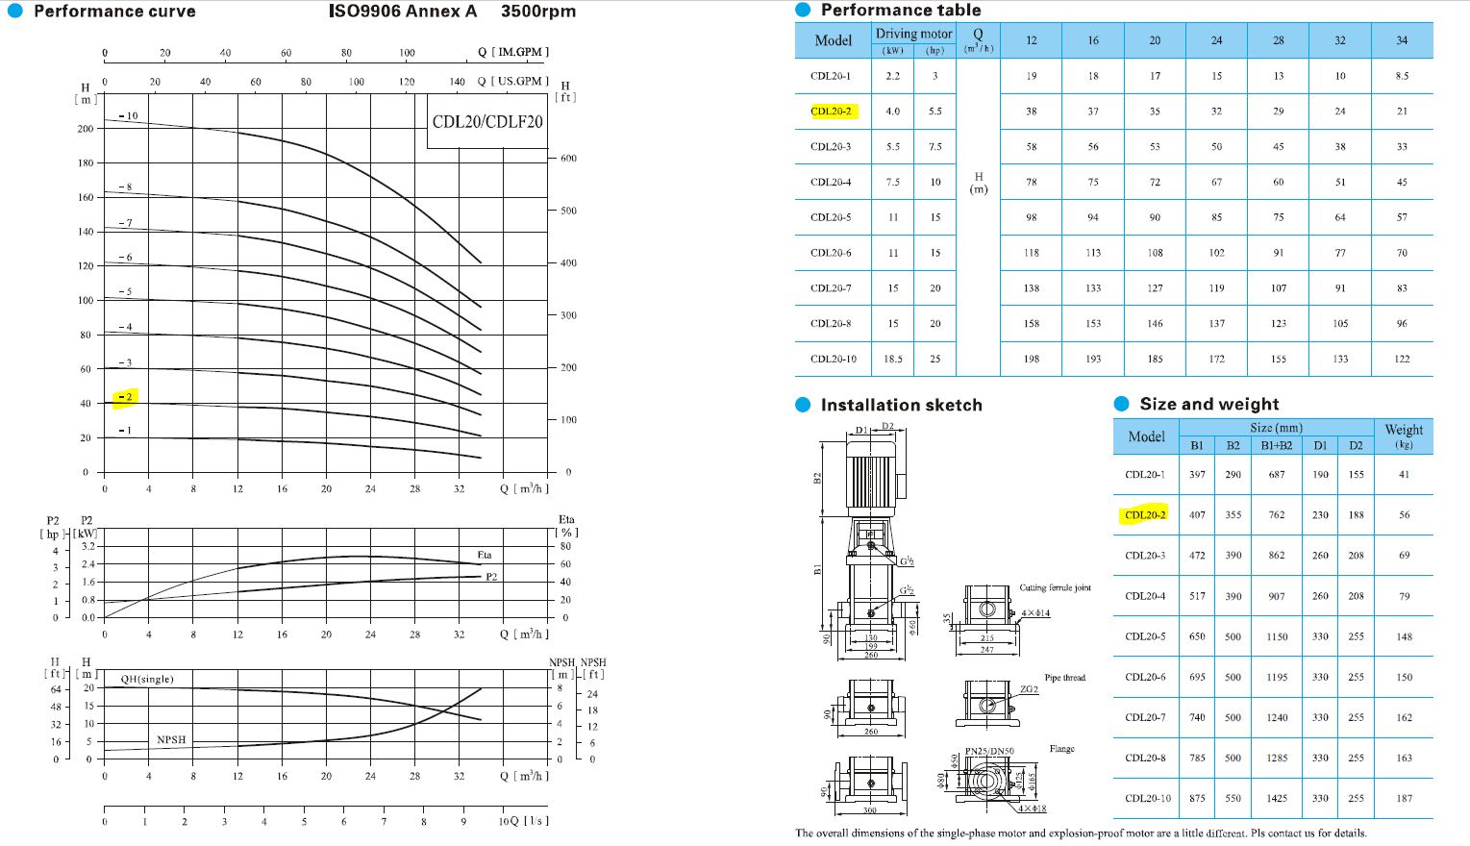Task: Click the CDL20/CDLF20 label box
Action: (486, 122)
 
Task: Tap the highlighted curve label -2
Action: (126, 396)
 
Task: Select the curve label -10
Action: (128, 116)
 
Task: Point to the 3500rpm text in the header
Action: (538, 12)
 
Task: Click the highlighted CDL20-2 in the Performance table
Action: (831, 112)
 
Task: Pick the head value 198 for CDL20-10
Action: (1031, 359)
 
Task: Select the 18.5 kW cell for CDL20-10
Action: (893, 359)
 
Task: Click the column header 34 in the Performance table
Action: (1401, 40)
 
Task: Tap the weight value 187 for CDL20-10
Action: (1404, 798)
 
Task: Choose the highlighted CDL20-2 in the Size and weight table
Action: (1145, 515)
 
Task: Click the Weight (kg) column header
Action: (1404, 435)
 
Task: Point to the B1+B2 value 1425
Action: (1276, 798)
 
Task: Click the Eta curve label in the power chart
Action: (485, 555)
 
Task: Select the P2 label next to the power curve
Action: (491, 577)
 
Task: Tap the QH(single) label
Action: (147, 679)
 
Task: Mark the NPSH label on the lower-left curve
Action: (171, 739)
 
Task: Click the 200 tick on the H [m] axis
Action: (86, 128)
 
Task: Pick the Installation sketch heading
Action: (901, 406)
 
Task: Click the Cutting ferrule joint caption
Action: (1055, 587)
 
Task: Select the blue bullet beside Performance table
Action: (804, 11)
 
